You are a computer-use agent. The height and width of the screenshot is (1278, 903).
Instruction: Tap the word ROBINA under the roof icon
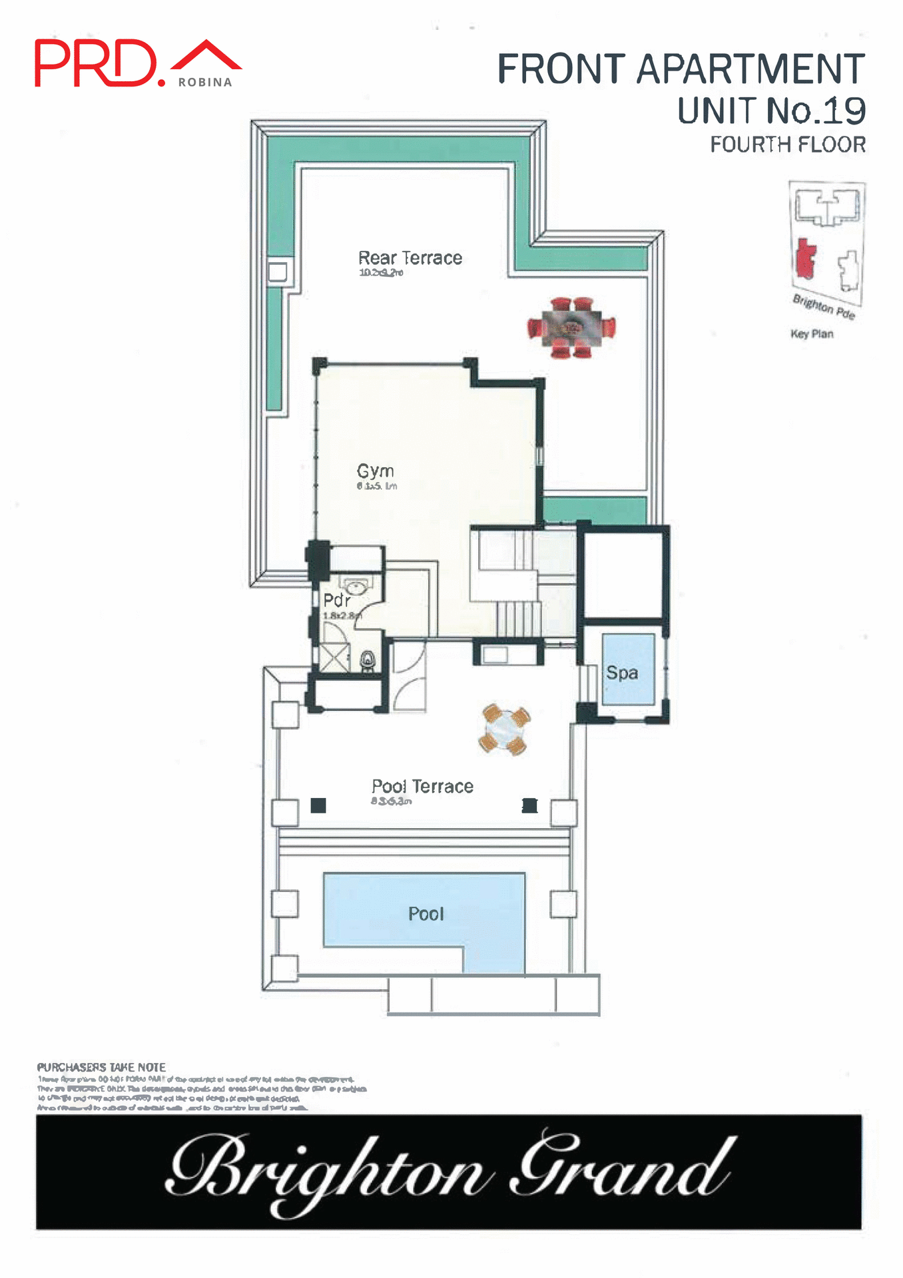(205, 83)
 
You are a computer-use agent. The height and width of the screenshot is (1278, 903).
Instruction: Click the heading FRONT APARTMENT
(681, 69)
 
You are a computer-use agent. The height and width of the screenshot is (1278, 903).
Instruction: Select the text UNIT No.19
(771, 110)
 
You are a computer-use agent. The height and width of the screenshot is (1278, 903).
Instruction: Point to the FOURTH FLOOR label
(788, 144)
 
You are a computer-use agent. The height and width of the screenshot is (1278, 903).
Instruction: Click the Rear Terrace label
(410, 258)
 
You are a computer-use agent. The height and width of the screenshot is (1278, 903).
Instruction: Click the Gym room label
(376, 471)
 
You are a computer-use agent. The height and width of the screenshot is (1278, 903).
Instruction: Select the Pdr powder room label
(336, 600)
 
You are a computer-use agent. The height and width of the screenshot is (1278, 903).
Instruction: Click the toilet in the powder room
(368, 660)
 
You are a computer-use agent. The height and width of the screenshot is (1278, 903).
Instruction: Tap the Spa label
(622, 673)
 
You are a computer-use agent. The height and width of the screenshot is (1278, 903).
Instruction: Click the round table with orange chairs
(505, 730)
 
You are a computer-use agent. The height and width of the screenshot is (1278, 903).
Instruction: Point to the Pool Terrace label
(422, 787)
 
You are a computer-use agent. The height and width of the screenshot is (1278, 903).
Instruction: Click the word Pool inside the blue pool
(426, 914)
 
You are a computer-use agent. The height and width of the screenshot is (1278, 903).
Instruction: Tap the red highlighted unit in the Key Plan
(806, 259)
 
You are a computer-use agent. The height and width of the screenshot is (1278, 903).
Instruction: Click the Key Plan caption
(812, 334)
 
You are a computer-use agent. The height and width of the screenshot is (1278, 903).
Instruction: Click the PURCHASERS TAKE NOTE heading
(101, 1067)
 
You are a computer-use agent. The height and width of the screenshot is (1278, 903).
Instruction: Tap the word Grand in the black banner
(623, 1170)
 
